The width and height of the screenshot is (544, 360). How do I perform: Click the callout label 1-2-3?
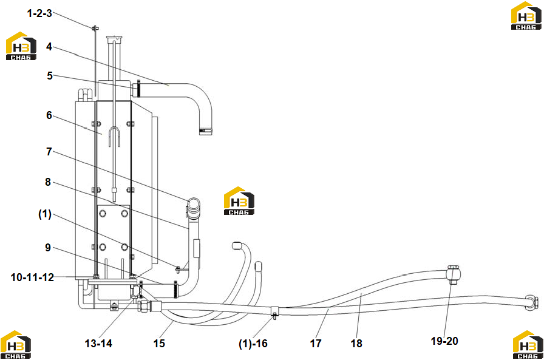39,13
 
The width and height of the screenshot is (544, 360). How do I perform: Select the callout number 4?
49,47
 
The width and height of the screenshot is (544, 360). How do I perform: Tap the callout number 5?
50,76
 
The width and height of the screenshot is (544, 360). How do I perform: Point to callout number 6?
49,115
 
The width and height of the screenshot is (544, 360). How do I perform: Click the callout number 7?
49,152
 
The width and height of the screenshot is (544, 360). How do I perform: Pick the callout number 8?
48,182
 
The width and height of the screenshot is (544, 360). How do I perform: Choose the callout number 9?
48,248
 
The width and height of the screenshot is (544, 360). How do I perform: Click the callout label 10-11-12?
33,277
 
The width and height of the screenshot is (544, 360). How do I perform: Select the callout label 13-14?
98,344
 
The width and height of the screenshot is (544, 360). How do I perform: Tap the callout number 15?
159,344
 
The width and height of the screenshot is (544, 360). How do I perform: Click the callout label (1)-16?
253,344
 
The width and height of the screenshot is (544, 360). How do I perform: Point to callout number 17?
316,344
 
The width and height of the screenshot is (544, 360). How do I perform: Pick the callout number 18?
356,344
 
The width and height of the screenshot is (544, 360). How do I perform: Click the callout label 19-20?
444,341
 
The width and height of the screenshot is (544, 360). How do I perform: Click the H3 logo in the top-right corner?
526,16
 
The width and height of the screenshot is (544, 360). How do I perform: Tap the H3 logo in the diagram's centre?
239,201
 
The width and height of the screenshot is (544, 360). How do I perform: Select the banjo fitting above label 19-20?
453,274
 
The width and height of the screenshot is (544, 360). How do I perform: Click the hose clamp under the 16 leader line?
274,311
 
